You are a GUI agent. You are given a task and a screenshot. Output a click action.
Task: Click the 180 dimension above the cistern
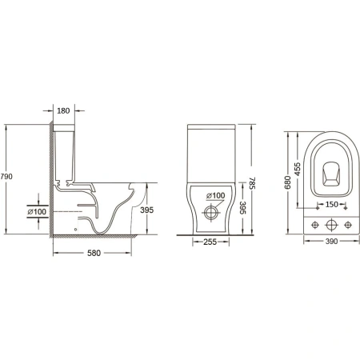coord(63,110)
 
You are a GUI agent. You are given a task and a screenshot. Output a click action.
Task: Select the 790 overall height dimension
coord(6,177)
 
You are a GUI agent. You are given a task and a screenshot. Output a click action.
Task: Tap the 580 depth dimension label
coord(94,253)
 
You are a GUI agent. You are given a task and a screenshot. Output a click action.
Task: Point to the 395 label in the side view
coord(147,210)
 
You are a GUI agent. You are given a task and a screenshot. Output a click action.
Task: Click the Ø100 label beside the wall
coord(37,212)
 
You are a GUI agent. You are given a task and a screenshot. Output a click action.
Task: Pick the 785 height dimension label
coord(252,183)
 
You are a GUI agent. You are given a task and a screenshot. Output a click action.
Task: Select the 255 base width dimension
coord(210,242)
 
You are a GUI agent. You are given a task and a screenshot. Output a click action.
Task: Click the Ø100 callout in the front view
coord(216,196)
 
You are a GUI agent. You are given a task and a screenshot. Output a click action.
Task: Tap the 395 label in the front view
coord(242,208)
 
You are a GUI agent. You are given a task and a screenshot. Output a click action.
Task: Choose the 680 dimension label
coord(288,182)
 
